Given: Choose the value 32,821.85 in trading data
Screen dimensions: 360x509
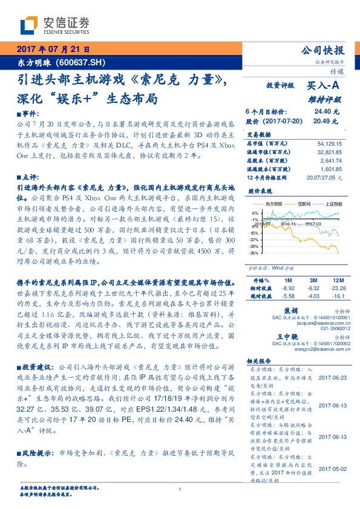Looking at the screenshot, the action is click(329, 154).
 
